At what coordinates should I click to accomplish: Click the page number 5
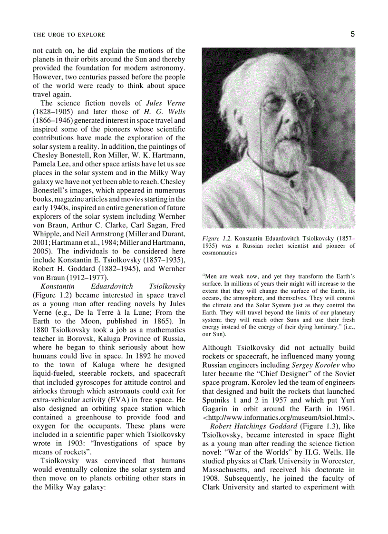[352, 34]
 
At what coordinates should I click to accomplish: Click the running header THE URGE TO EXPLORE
[69, 35]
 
